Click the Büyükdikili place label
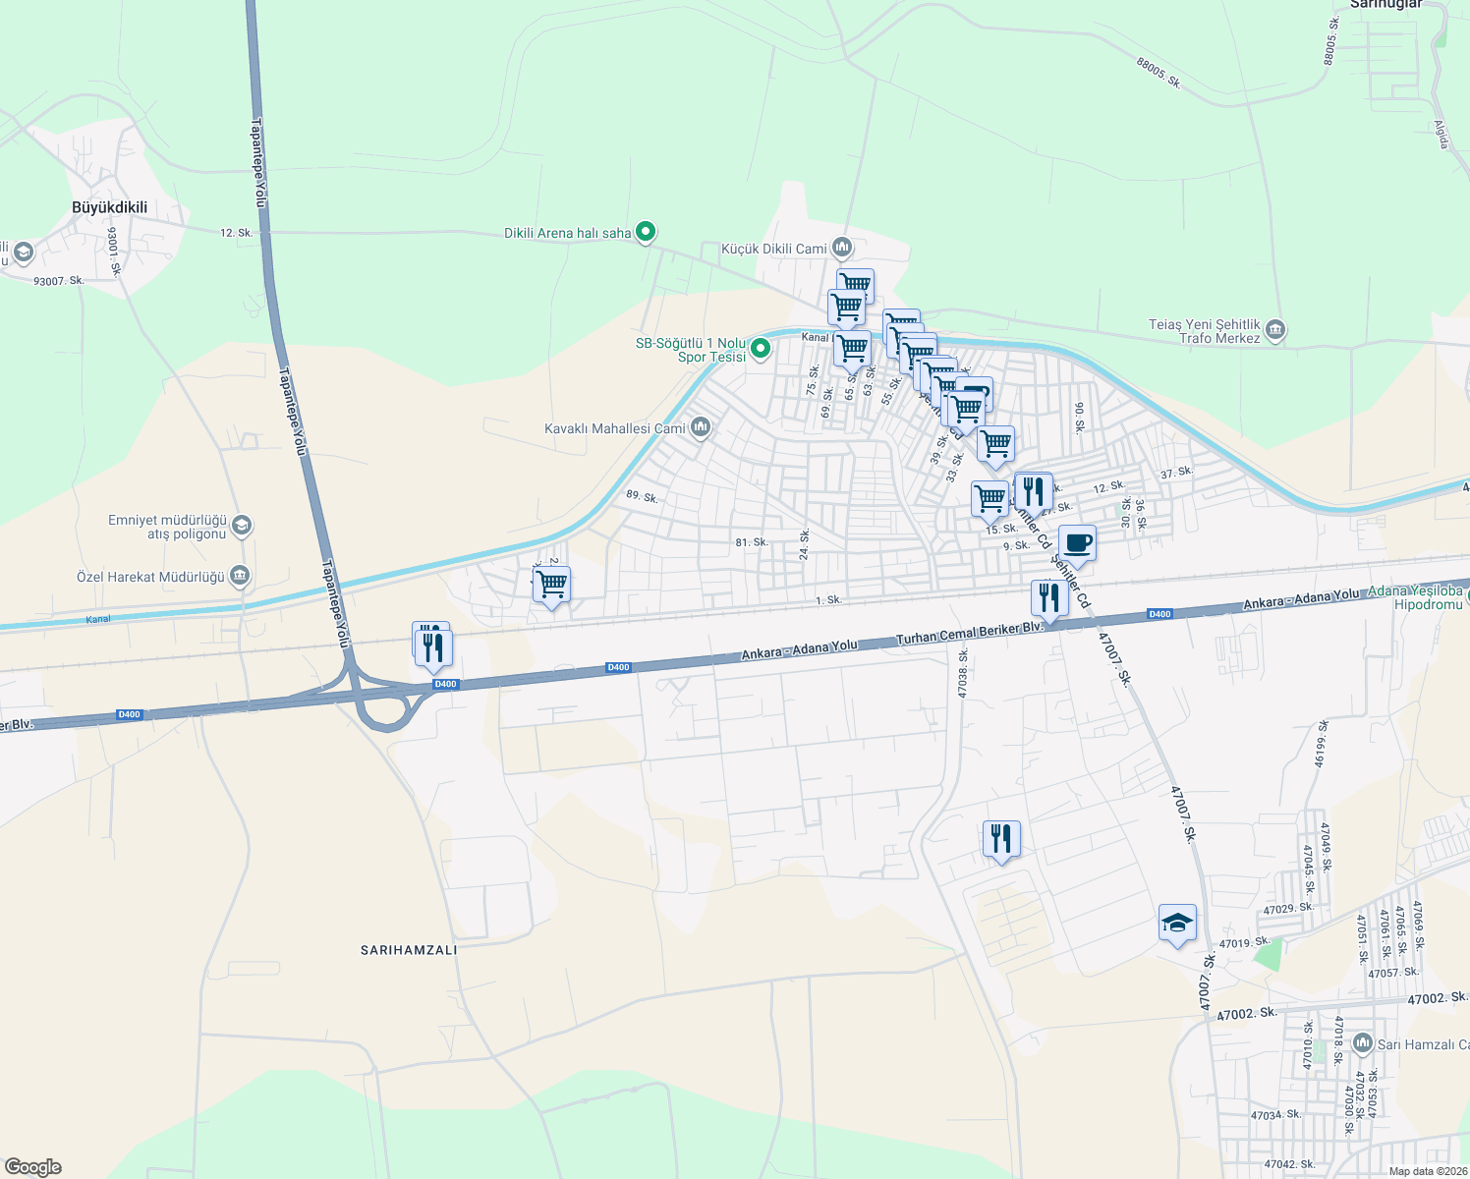tap(110, 207)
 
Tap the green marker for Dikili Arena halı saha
tap(646, 232)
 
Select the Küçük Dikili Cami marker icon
tap(841, 247)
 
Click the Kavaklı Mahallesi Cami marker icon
tap(701, 426)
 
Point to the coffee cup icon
tap(1077, 543)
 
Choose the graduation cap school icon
tap(1177, 924)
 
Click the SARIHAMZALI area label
tap(409, 950)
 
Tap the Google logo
tap(31, 1167)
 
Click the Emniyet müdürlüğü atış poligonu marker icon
tap(242, 526)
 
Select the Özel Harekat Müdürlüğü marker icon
tap(240, 576)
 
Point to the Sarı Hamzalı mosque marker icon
tap(1362, 1042)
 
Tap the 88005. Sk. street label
tap(1158, 73)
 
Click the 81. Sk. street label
tap(752, 542)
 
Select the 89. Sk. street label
tap(642, 497)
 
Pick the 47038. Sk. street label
tap(964, 673)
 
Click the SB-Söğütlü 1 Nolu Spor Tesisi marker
tap(760, 348)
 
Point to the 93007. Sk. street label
tap(59, 281)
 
